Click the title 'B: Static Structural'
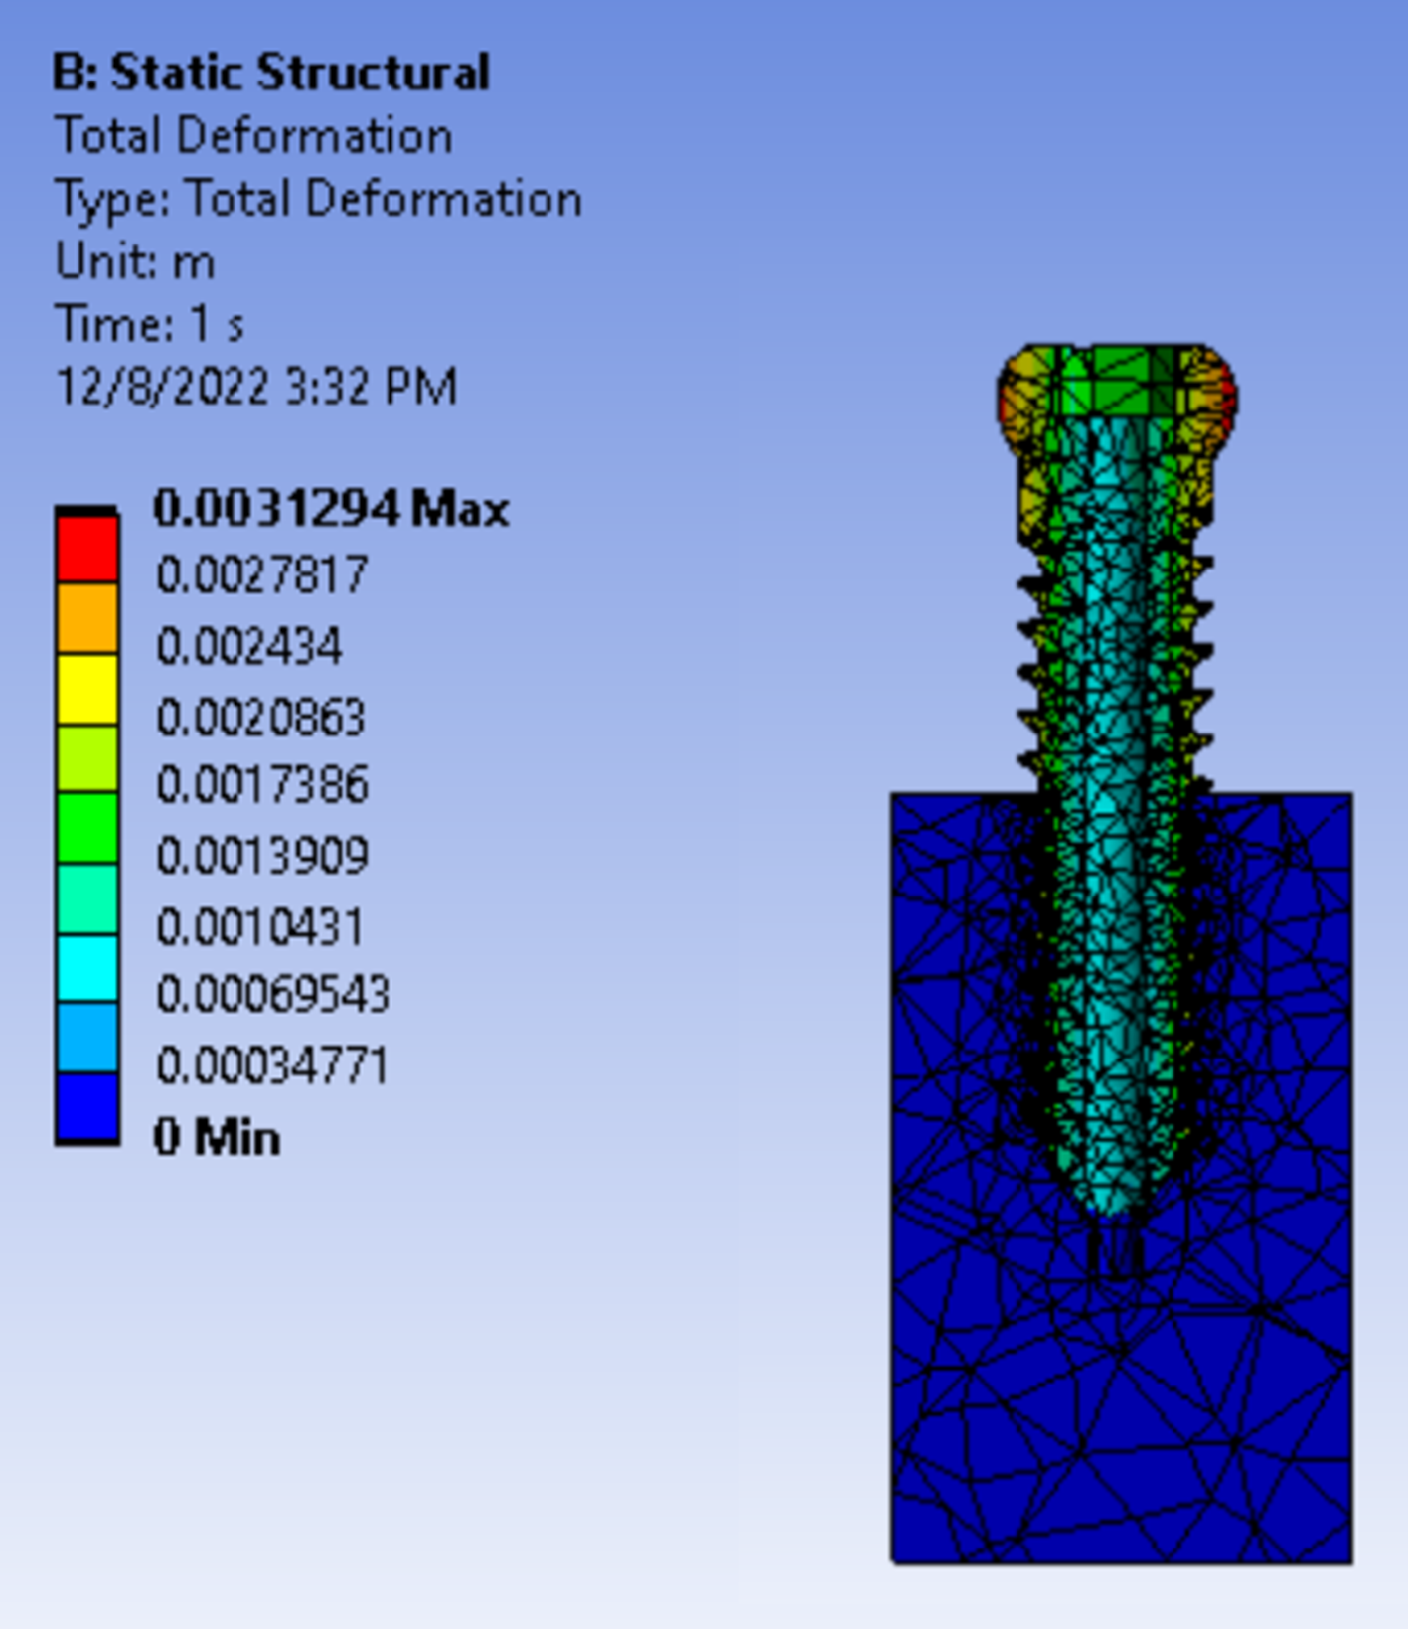click(270, 73)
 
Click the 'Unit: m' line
click(135, 262)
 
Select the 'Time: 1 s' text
click(149, 325)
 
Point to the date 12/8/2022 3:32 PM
click(256, 387)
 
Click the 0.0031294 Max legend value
click(331, 509)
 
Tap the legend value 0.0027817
click(262, 574)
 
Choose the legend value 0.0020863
click(260, 717)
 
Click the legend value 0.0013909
click(262, 856)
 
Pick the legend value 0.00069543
click(272, 995)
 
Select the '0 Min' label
click(217, 1137)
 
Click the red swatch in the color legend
click(87, 549)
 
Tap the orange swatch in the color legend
click(87, 618)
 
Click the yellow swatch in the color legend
click(87, 689)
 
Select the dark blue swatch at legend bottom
click(87, 1106)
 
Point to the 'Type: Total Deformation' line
click(318, 199)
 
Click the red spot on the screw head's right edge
click(1228, 398)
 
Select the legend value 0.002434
click(249, 647)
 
